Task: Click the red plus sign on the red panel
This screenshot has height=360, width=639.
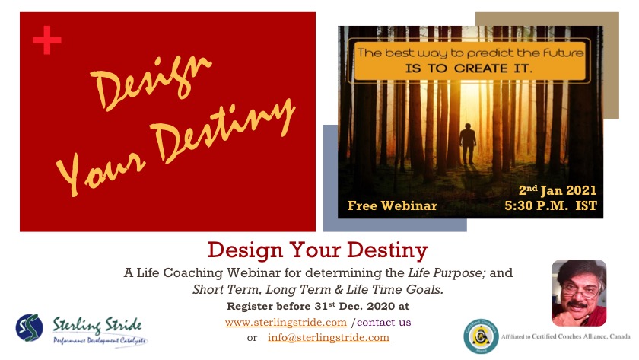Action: (x=47, y=40)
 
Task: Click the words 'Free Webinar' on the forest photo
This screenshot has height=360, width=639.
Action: (x=392, y=205)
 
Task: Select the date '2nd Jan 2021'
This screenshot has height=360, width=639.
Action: (x=557, y=190)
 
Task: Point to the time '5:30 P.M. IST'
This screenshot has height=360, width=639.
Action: (x=551, y=205)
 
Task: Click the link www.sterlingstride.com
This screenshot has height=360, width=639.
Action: (x=286, y=323)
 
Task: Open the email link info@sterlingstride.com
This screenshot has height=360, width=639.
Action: (x=329, y=338)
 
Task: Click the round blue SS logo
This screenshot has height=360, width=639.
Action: (x=30, y=327)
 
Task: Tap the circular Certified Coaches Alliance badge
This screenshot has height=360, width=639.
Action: (x=481, y=336)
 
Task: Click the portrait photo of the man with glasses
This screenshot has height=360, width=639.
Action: (x=579, y=293)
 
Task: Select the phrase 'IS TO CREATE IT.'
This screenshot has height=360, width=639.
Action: (x=469, y=68)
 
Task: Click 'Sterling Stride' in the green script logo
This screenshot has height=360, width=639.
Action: (x=97, y=325)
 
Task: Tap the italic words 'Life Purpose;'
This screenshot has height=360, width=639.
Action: (x=447, y=272)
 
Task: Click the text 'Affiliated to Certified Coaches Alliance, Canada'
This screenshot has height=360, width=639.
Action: (x=566, y=336)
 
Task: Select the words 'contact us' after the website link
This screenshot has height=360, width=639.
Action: (x=384, y=323)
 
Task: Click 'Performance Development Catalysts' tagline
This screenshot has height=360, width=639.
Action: (x=100, y=340)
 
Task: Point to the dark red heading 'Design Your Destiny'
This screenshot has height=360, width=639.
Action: (x=318, y=250)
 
